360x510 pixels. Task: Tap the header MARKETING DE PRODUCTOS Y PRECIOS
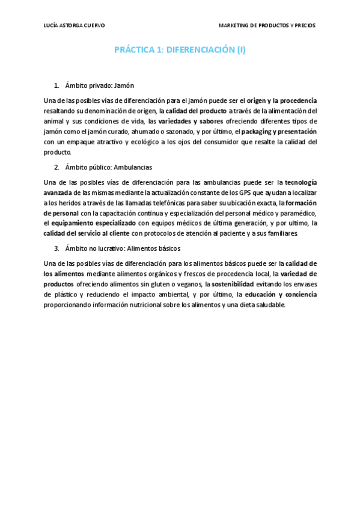coord(267,26)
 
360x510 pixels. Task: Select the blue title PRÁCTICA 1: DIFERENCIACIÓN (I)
coord(180,51)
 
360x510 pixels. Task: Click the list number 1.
coord(56,85)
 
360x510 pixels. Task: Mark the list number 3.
coord(56,248)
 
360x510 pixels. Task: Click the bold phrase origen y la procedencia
coord(282,100)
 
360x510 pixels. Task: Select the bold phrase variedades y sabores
coord(191,121)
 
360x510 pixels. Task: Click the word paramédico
coord(297,213)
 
